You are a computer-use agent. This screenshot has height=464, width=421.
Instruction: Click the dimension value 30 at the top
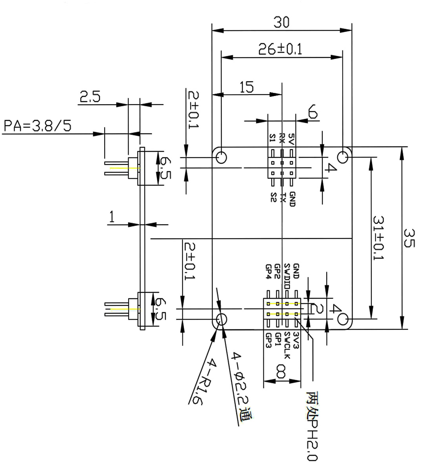coord(281,23)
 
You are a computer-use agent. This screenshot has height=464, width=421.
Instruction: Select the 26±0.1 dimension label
coord(280,49)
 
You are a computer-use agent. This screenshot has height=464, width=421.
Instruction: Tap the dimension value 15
coord(246,87)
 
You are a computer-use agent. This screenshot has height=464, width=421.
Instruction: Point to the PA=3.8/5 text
coord(38,126)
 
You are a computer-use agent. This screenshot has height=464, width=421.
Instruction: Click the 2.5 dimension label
coord(90,96)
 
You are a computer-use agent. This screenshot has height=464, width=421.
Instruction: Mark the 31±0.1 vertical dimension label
coord(379,238)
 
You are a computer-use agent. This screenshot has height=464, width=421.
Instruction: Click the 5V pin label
coord(291,139)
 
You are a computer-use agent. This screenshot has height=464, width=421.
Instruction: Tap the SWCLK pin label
coord(287,345)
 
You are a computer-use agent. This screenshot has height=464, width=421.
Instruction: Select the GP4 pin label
coord(268,272)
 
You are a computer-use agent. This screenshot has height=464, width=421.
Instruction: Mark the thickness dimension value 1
coord(112,217)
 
